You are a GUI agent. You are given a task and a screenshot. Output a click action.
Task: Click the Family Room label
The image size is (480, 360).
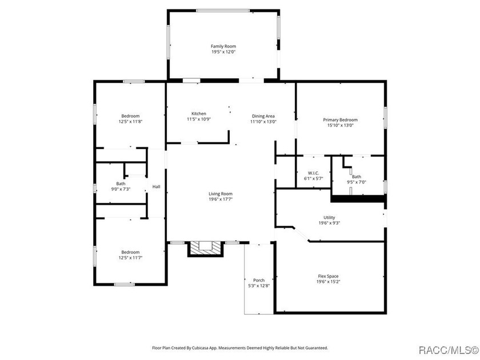[223, 46]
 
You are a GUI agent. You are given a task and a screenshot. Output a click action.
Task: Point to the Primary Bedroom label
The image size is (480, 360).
[340, 120]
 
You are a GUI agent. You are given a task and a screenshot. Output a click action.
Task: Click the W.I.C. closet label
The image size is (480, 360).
[313, 173]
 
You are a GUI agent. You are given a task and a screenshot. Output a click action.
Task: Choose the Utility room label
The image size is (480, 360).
[329, 218]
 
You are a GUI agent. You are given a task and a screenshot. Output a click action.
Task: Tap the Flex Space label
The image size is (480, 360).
[329, 277]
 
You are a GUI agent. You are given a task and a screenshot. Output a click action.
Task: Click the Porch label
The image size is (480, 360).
[259, 280]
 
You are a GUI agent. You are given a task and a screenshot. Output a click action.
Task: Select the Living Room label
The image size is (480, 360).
[220, 194]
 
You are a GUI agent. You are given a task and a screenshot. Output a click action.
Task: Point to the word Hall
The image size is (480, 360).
[156, 187]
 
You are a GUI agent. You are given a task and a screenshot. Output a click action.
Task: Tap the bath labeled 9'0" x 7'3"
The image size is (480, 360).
[121, 186]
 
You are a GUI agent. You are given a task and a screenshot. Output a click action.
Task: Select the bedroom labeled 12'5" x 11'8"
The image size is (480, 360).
[130, 119]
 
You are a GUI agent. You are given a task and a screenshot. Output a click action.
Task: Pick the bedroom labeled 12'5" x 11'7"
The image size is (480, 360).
[130, 255]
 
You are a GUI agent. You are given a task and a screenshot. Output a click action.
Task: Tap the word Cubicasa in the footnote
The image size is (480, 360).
[217, 347]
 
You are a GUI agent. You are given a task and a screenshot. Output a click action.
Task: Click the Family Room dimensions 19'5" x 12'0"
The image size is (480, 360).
[223, 52]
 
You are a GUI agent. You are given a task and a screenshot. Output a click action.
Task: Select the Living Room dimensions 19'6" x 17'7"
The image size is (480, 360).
[220, 199]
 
